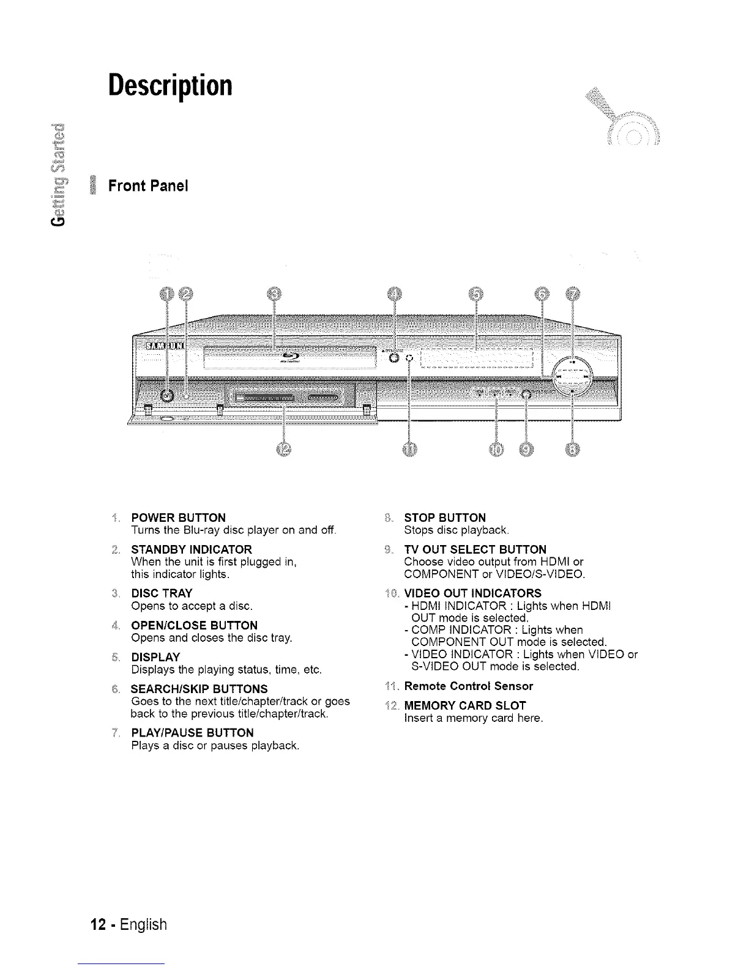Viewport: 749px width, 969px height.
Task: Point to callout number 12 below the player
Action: (x=284, y=449)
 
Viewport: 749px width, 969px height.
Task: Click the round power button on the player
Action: (x=166, y=396)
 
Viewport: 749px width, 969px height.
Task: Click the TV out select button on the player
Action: (x=526, y=395)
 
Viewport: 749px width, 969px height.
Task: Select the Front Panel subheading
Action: (x=147, y=185)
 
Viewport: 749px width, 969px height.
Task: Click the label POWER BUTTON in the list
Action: (x=179, y=518)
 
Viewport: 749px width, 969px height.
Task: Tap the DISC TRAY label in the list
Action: (x=162, y=593)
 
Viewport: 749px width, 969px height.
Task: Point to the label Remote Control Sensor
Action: (x=469, y=686)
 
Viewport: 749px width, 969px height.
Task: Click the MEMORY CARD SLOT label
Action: (x=465, y=705)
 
